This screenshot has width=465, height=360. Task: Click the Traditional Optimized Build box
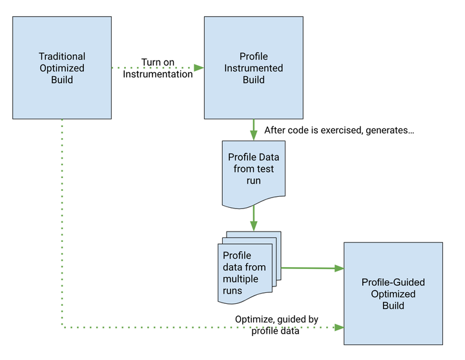61,68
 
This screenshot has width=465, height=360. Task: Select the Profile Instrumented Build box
253,68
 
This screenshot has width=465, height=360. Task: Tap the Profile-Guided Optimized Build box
393,293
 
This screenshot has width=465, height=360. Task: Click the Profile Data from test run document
253,171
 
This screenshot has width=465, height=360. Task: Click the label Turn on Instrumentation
158,68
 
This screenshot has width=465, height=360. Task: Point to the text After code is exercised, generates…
339,130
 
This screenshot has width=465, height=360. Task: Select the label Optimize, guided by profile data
276,325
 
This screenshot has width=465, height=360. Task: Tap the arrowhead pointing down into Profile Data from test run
253,136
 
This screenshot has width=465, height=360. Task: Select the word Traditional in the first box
61,57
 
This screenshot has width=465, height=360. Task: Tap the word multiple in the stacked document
240,279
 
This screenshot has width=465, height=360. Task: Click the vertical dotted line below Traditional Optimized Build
62,219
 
